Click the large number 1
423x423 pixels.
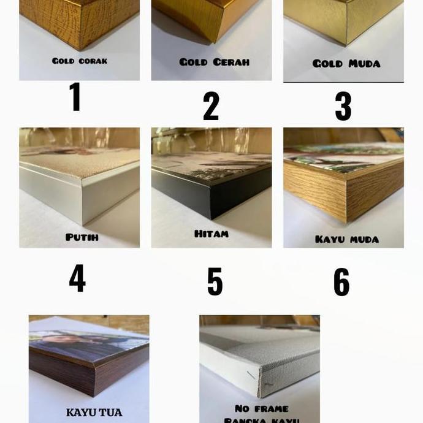[75, 97]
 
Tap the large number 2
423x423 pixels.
[211, 105]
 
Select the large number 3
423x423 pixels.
[343, 105]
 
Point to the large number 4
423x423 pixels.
[77, 278]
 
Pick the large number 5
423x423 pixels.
[215, 281]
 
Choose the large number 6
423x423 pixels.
[341, 282]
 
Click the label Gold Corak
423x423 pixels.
[80, 61]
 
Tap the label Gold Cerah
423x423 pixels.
[214, 62]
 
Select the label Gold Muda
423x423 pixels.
[346, 63]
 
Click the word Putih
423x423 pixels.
[82, 237]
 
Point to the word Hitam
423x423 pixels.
[211, 234]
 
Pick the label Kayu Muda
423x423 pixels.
[347, 238]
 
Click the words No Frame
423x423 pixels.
[261, 408]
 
